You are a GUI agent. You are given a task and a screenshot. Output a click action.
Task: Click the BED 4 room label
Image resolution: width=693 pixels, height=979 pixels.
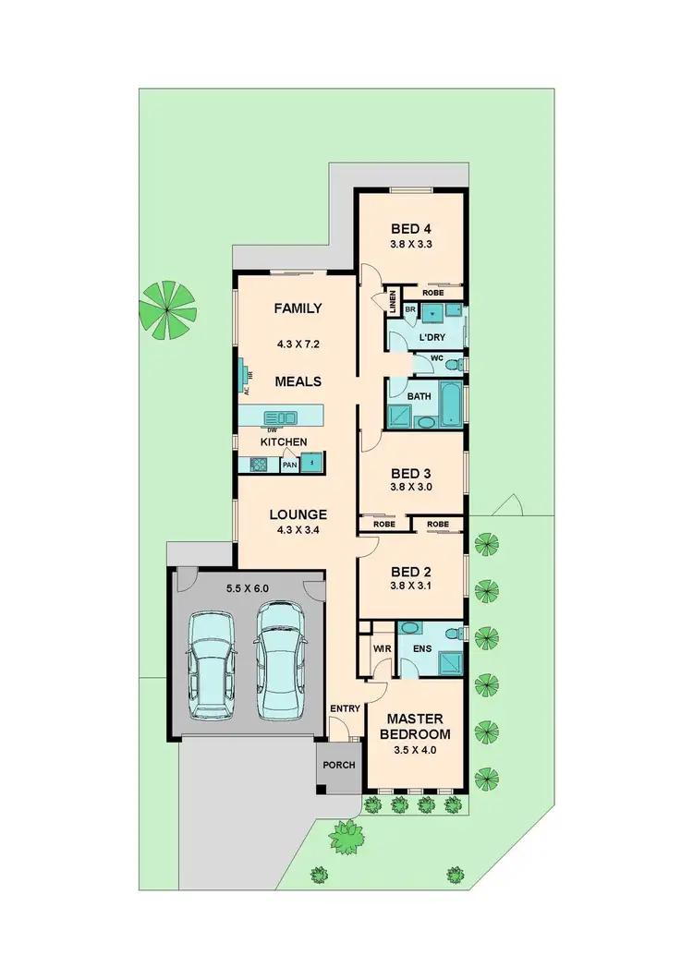pos(411,228)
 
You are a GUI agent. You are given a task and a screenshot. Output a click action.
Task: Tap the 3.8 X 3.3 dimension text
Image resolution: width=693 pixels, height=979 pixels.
pos(411,246)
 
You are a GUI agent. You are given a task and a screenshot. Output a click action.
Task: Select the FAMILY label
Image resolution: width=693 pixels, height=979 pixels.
pos(298,308)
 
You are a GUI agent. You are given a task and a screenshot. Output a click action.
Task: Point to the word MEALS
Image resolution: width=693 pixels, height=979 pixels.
pos(298,381)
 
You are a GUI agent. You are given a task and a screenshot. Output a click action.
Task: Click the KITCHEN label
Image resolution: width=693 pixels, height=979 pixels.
pos(283,442)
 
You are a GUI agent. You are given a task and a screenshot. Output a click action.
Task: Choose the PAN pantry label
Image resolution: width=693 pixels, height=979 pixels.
pos(289,465)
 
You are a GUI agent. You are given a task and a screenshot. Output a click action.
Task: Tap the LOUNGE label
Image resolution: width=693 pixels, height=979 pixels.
pos(298,514)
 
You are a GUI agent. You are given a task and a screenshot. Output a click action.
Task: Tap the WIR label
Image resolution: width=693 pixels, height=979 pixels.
pos(382,649)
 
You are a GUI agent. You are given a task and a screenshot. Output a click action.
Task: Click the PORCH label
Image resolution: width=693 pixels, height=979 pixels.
pos(338,766)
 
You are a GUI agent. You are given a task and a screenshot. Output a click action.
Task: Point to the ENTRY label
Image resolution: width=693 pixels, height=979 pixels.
pos(345,708)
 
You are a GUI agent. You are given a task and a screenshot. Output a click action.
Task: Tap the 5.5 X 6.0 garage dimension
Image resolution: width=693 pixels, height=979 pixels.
pos(246,587)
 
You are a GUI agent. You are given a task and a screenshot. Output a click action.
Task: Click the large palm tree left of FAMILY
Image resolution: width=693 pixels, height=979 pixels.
pos(167,305)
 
